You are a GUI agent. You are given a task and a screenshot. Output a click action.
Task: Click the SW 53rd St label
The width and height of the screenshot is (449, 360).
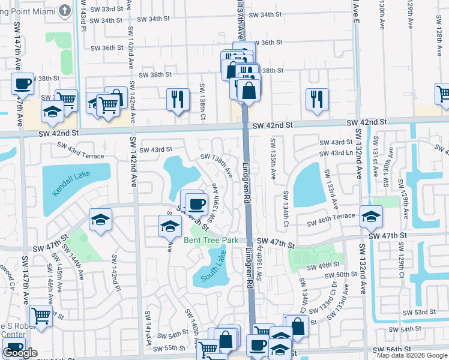pos(419,313)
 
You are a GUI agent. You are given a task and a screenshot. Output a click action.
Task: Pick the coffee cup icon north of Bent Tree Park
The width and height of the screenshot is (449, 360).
pos(196,204)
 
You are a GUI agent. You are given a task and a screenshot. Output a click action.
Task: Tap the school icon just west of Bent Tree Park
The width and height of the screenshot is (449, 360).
pos(170,226)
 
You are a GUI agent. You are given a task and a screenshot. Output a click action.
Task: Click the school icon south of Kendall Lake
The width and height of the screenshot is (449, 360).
pos(100,219)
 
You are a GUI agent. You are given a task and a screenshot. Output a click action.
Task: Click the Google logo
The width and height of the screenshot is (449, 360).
pos(20,353)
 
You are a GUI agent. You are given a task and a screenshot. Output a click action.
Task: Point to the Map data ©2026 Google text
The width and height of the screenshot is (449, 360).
pos(412,355)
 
